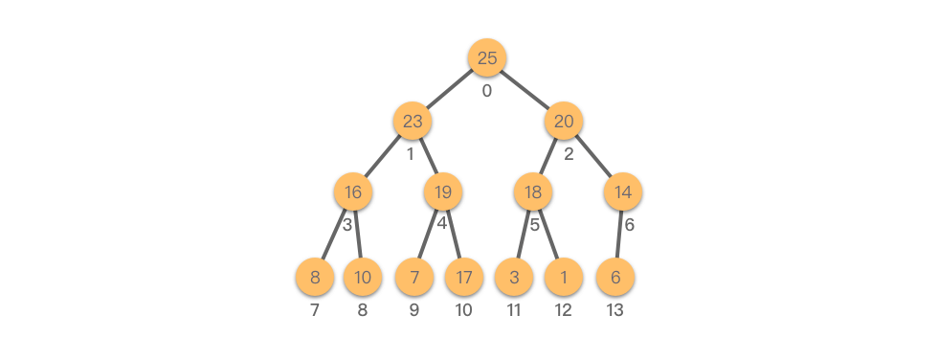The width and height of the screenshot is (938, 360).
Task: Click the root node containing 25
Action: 487,58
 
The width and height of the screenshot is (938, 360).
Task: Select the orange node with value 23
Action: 413,122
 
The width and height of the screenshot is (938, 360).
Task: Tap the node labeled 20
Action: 564,122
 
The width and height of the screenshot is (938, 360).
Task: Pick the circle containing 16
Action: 353,191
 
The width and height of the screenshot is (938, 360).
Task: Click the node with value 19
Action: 442,191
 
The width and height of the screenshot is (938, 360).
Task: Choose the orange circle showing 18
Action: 533,191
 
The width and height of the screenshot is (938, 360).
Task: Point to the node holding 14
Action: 623,191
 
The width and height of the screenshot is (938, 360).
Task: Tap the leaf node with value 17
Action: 464,277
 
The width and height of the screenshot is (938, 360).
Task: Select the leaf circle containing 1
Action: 564,277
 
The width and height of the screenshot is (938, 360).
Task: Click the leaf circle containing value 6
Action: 615,277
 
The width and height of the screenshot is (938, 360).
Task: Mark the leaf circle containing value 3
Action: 514,277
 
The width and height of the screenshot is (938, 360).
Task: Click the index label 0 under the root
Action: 487,91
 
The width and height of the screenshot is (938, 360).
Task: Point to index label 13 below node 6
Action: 614,310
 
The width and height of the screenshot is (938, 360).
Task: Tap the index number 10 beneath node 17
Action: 463,310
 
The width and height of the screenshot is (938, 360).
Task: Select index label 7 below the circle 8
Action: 315,310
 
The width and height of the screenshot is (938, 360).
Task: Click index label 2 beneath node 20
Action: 569,154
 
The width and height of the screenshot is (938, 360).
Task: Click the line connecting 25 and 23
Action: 450,90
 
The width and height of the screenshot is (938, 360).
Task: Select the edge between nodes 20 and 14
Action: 593,157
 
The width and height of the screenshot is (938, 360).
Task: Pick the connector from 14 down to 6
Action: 619,235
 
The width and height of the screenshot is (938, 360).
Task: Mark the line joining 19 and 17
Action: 454,235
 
